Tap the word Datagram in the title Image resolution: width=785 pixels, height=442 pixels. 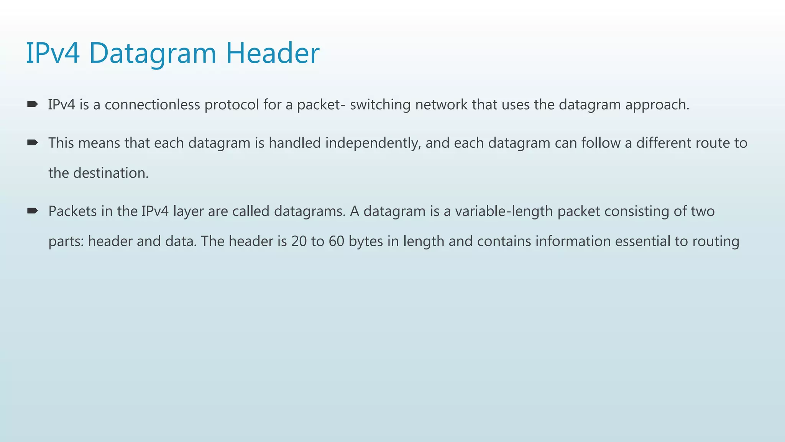[153, 54]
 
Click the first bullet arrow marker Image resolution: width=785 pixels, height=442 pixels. [32, 104]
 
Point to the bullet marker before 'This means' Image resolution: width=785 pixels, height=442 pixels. [32, 143]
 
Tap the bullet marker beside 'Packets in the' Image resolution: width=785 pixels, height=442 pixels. [32, 211]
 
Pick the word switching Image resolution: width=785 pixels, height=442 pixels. [380, 105]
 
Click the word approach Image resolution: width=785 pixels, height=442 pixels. [657, 105]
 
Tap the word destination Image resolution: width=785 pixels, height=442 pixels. [111, 173]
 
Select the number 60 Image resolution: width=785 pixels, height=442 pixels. [336, 241]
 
